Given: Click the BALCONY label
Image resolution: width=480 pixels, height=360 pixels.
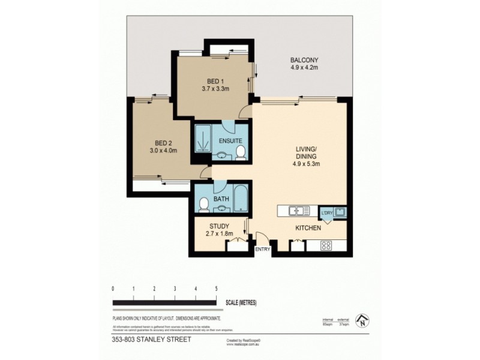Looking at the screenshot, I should tap(304, 60).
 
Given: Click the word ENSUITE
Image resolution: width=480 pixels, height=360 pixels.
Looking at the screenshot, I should tap(230, 140).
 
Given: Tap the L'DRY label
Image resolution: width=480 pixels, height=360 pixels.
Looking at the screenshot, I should tap(327, 213).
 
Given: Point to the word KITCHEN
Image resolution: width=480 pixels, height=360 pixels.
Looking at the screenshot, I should tap(308, 228).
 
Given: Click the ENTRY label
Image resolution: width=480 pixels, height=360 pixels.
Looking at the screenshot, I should tap(262, 248).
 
